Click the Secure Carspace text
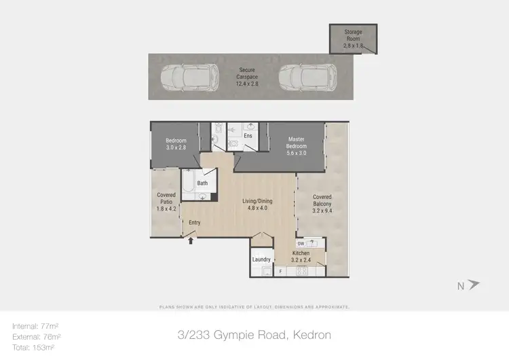[x=246, y=74]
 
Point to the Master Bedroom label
[x=296, y=145]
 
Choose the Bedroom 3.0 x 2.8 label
[x=176, y=144]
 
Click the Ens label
[x=248, y=136]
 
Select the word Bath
[x=202, y=183]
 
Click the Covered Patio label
[x=166, y=202]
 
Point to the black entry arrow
[x=191, y=239]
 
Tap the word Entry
[x=195, y=222]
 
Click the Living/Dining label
[x=257, y=204]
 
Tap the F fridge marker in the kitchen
[x=281, y=272]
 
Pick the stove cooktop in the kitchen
[x=301, y=271]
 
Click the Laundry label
[x=261, y=259]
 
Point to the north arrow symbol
[x=474, y=285]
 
